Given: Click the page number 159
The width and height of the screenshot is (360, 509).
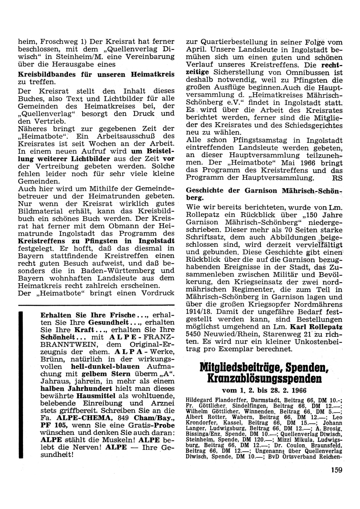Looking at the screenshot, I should point(334,469).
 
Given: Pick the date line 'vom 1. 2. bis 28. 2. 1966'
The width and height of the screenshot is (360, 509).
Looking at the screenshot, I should point(264,391).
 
